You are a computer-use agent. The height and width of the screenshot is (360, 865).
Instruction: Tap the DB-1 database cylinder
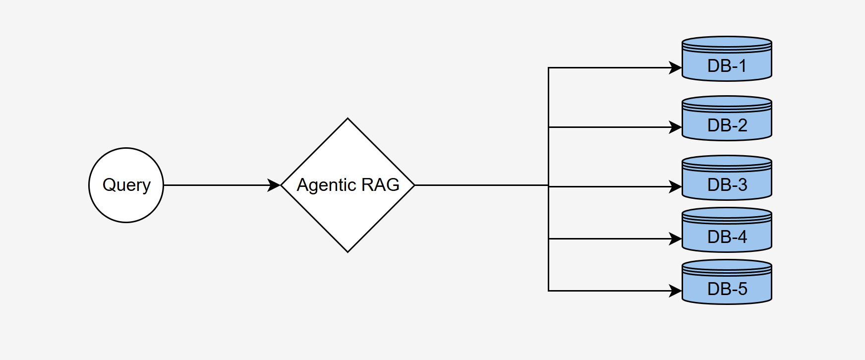(727, 60)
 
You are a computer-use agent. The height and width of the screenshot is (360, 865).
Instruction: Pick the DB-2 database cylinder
(727, 119)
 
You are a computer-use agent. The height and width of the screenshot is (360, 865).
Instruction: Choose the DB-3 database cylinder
(727, 179)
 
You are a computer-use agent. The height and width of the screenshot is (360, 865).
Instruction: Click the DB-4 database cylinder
(727, 231)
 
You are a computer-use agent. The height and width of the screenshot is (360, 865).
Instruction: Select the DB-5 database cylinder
(727, 283)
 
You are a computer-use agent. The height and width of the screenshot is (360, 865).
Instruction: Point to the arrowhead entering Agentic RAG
(275, 185)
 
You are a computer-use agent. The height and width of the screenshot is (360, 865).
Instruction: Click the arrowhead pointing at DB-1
(676, 68)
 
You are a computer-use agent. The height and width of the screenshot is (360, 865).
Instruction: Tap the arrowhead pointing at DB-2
(676, 127)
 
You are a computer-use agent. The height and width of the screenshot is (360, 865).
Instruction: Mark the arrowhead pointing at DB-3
(676, 187)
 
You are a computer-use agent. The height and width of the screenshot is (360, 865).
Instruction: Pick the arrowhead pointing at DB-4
(676, 239)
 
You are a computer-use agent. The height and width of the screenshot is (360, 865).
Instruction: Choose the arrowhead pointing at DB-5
(676, 291)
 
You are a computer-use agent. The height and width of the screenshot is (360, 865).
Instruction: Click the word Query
(126, 185)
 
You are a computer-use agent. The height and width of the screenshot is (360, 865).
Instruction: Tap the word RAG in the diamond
(380, 185)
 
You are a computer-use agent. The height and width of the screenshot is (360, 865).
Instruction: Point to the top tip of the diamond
(347, 119)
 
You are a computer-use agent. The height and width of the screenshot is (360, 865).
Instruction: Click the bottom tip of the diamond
(347, 252)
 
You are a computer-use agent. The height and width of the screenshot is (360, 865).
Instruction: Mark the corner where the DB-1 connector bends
(548, 68)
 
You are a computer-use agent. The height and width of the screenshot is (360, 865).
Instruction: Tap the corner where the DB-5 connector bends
(548, 291)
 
